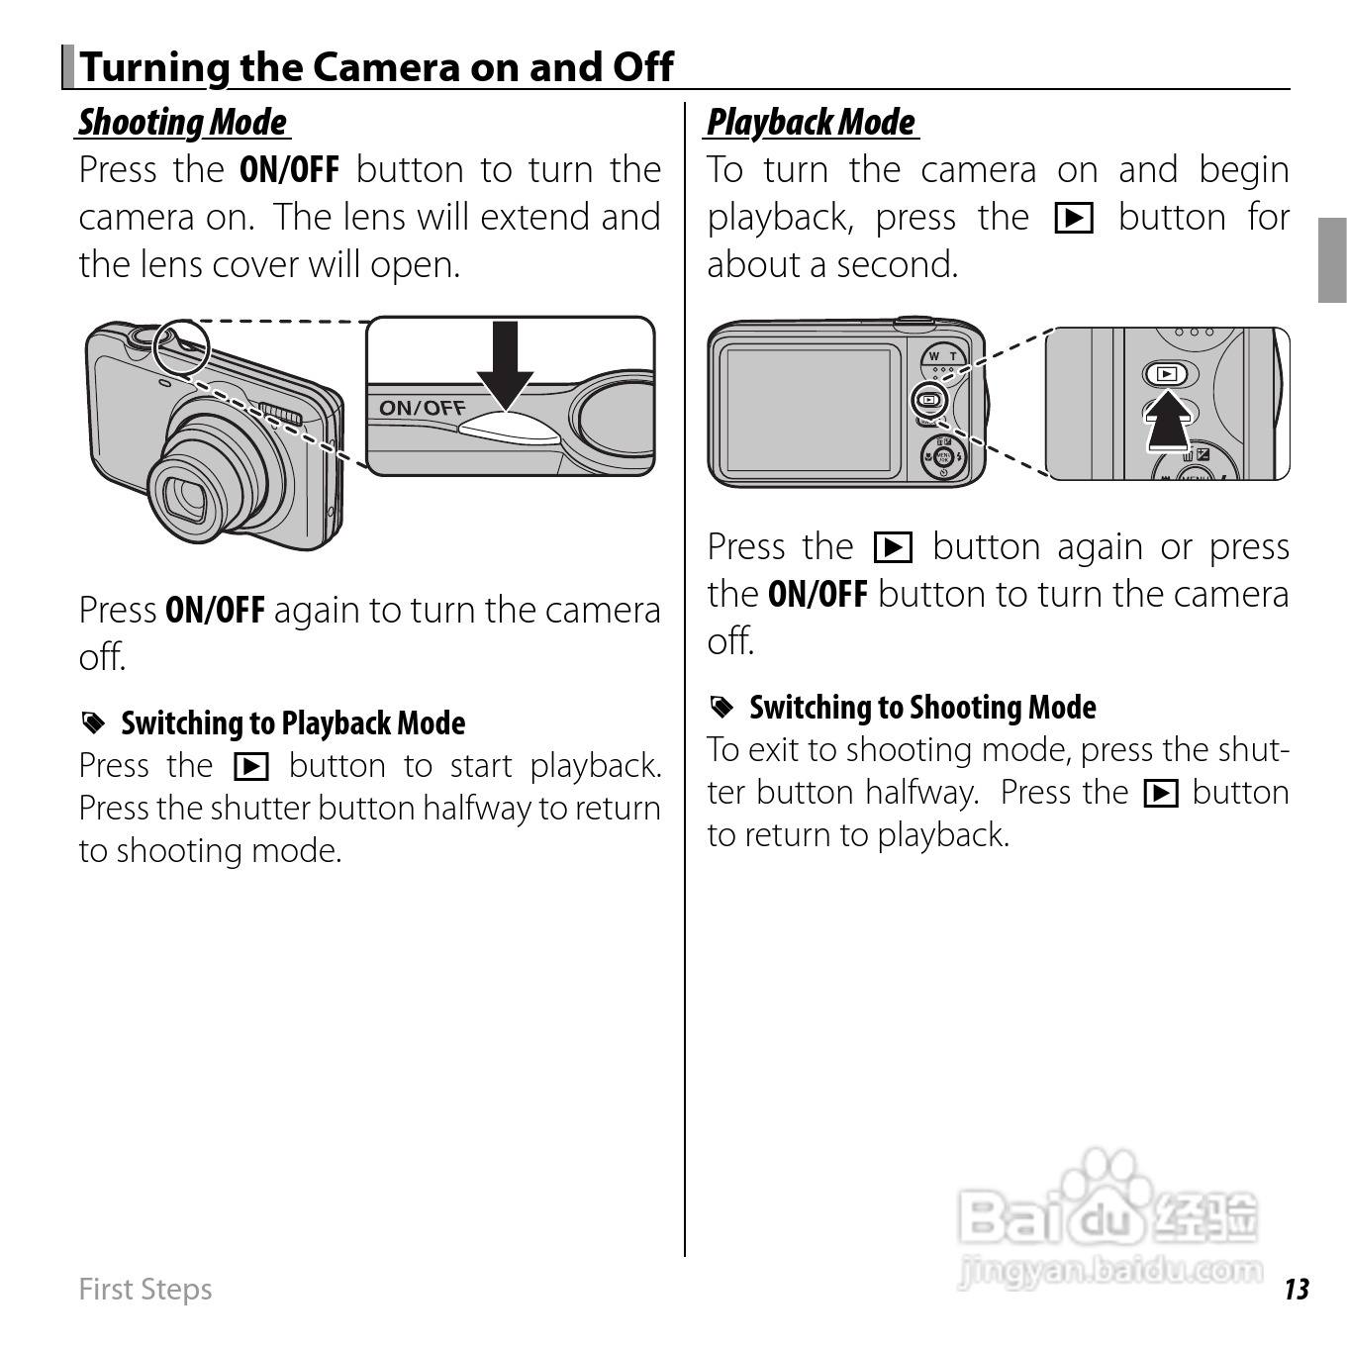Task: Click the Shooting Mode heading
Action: pos(183,123)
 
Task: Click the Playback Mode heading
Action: pos(812,123)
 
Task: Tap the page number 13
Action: pos(1296,1289)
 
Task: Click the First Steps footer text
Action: pos(145,1289)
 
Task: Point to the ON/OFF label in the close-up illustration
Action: pos(423,407)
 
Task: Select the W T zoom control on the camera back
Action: pos(942,357)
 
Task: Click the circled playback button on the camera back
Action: pos(929,401)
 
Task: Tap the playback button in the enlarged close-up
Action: pos(1168,374)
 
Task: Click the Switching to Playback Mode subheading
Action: pos(293,723)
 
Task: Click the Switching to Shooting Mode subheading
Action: pos(922,708)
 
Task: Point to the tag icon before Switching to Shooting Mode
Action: pos(722,707)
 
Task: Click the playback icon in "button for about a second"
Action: pos(1074,218)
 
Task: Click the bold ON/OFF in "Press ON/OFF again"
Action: pos(215,610)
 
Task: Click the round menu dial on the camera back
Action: pos(942,457)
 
